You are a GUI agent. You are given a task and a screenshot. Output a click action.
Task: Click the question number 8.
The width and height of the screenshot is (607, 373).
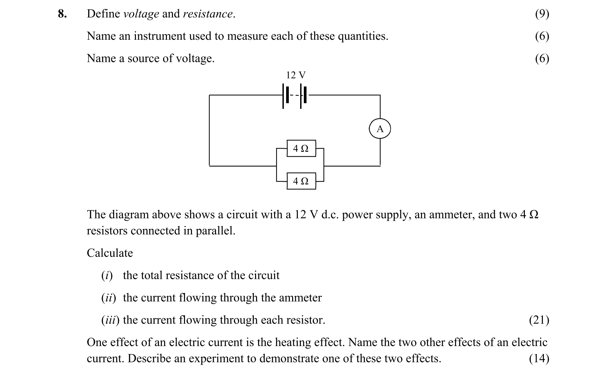(62, 14)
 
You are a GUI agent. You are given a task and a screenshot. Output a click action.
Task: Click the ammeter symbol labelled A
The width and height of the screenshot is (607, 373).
(380, 129)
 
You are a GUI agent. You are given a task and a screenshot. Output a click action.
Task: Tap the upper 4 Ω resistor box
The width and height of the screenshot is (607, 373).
(301, 148)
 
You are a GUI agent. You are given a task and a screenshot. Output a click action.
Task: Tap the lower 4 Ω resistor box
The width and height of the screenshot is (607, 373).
(301, 181)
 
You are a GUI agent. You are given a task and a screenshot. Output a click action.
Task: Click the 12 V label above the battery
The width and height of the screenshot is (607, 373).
(295, 75)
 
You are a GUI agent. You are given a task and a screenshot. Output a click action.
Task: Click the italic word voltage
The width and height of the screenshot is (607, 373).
(141, 14)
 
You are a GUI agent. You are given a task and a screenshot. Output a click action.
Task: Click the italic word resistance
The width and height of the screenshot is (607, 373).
(208, 14)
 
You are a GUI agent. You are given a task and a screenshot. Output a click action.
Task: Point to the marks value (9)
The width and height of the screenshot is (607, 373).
(542, 14)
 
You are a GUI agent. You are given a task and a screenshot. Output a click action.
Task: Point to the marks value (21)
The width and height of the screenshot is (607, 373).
(539, 320)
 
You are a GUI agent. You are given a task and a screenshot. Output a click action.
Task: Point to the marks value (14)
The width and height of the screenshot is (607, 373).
(539, 358)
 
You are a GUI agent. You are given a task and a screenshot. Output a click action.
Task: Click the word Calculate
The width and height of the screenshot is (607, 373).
(110, 253)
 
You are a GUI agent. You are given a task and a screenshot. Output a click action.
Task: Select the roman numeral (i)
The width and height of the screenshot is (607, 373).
(107, 275)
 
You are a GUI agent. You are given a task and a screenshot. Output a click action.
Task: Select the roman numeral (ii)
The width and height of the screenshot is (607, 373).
(109, 298)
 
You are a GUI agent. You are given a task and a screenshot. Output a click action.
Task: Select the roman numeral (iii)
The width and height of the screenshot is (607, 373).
(110, 320)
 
